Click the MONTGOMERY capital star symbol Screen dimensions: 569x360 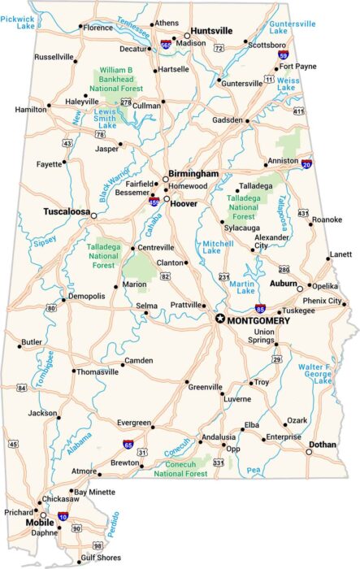219,319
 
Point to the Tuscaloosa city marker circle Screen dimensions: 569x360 93,215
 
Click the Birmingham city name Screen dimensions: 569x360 193,174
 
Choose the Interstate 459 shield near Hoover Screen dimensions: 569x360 154,200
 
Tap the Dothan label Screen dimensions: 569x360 322,444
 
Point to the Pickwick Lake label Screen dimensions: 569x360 18,22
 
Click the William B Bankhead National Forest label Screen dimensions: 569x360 116,81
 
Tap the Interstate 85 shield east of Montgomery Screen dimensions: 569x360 259,310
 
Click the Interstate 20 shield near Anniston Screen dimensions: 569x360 306,164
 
